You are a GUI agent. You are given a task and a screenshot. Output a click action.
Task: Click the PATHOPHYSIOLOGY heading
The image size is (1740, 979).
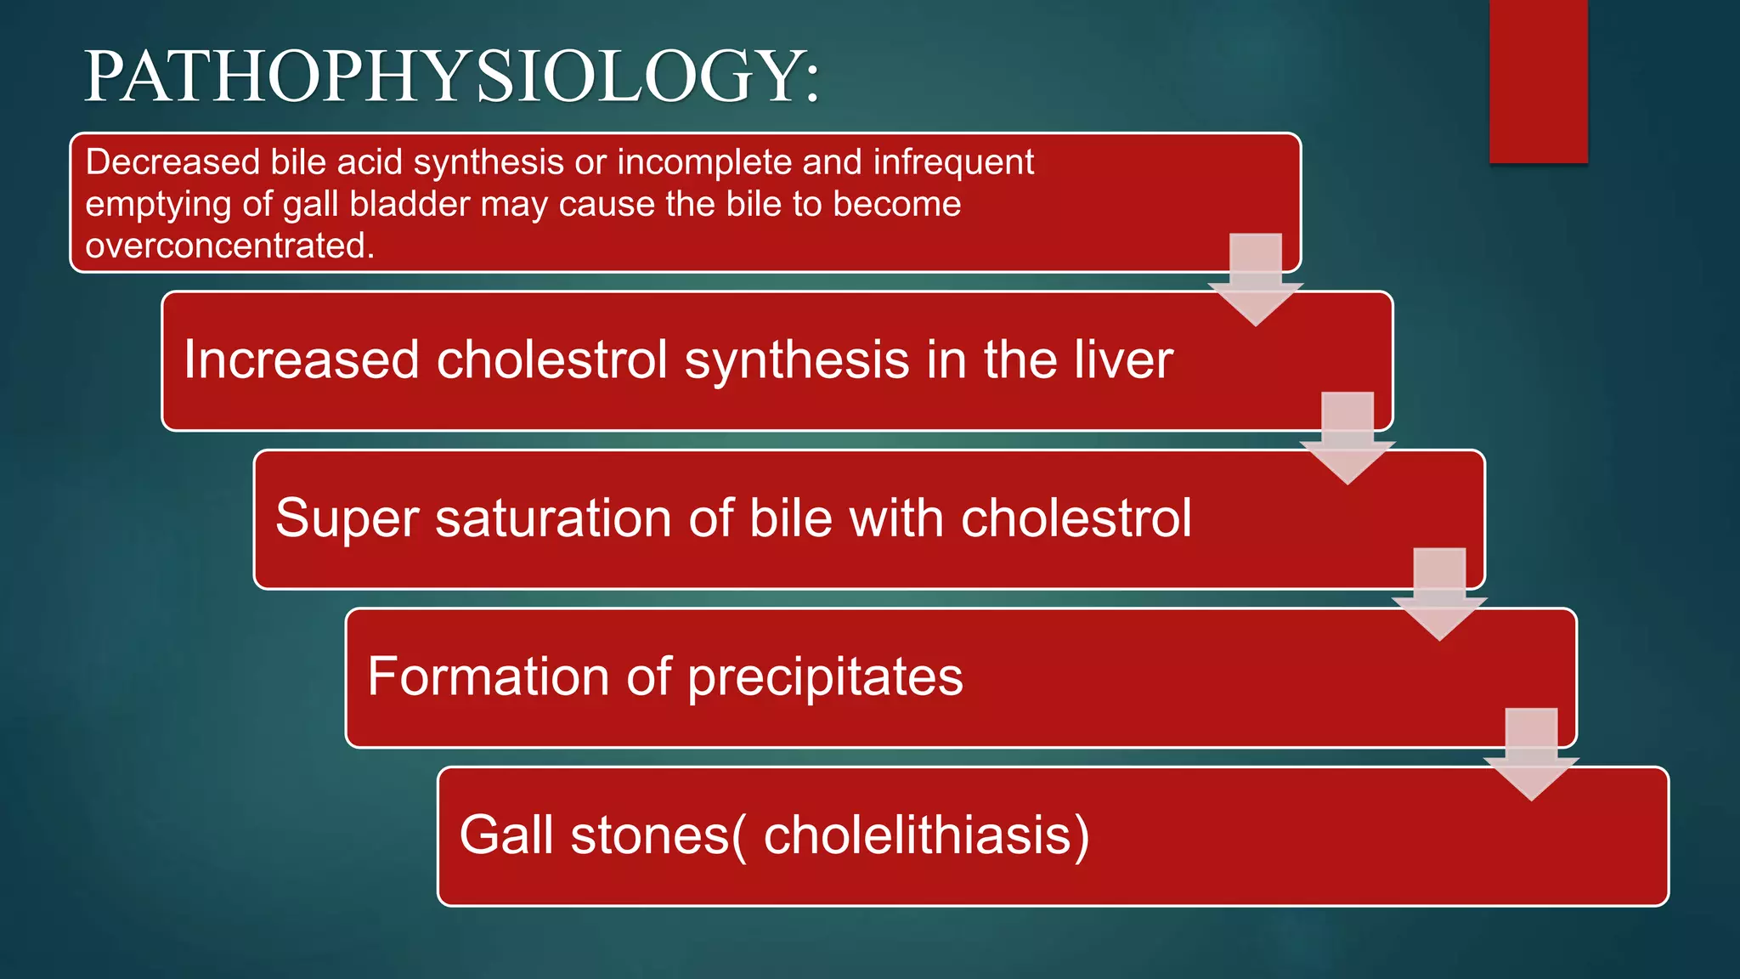tap(452, 76)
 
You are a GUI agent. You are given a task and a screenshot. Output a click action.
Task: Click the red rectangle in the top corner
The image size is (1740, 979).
tap(1538, 81)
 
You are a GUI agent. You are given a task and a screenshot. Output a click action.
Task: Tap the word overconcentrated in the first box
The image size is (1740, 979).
tap(229, 246)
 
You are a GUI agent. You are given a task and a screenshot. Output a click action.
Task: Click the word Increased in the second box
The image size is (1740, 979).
tap(302, 359)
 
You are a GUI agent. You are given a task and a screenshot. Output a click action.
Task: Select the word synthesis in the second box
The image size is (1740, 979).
tap(797, 359)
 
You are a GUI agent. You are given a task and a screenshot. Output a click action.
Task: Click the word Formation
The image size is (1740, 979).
tap(489, 676)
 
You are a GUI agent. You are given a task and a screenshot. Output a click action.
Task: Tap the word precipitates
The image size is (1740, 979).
tap(825, 678)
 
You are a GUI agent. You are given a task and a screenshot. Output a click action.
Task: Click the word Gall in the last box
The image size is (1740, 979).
tap(506, 835)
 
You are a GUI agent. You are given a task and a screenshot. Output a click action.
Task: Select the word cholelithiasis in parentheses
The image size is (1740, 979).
tap(917, 835)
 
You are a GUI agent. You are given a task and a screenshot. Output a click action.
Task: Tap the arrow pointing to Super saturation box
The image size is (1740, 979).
tap(1347, 440)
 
